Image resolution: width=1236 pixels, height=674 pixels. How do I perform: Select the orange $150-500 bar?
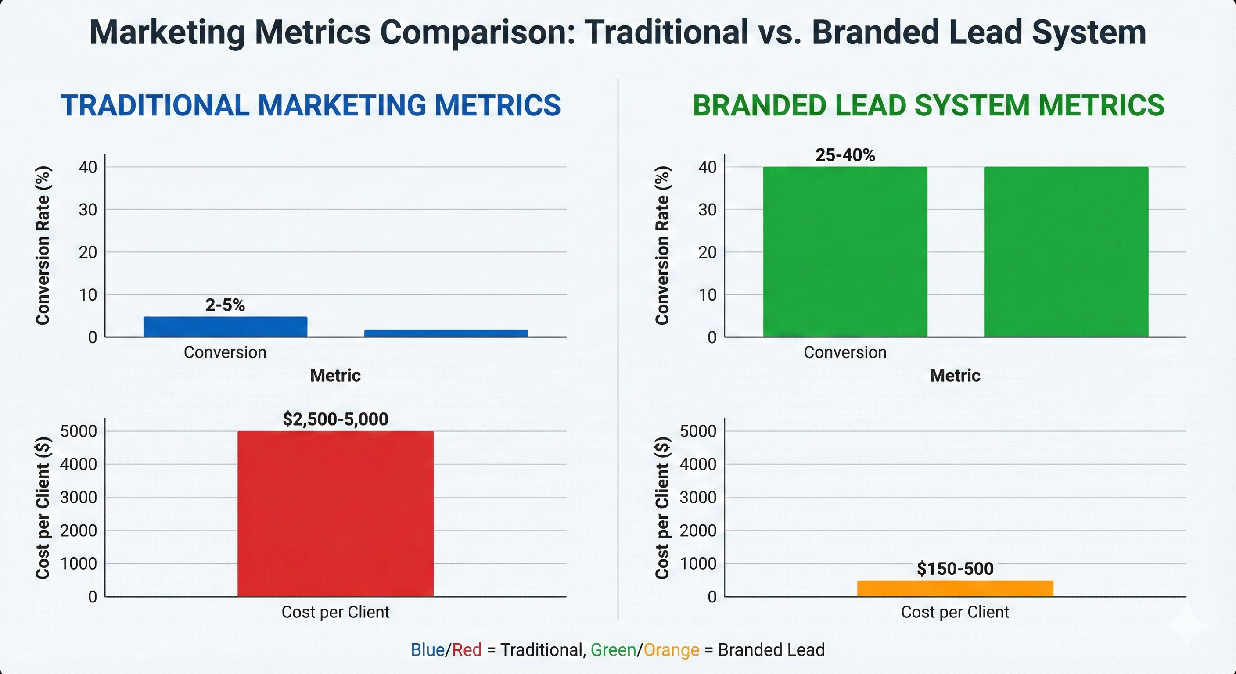(955, 588)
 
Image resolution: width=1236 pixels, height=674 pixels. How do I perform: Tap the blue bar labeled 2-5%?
(225, 326)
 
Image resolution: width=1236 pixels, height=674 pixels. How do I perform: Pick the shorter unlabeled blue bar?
(446, 333)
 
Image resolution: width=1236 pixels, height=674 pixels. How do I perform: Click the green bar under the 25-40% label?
(845, 252)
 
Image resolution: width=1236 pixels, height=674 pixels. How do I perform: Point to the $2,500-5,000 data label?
(335, 419)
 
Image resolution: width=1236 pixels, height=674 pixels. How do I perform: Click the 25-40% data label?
(845, 155)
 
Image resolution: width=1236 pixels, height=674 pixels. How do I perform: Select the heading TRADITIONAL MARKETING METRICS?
(310, 106)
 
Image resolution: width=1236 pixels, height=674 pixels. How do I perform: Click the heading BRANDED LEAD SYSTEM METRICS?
(928, 106)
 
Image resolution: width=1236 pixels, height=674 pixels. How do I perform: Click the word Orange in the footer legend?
(671, 649)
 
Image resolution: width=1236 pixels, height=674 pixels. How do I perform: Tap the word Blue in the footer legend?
(427, 649)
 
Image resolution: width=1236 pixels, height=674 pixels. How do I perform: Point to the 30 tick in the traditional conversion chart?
(88, 210)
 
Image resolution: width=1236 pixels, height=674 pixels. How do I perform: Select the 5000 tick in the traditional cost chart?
(78, 431)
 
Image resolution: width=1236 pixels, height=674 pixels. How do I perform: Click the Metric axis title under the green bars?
(955, 375)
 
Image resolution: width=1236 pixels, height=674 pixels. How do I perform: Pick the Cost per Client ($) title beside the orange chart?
(662, 508)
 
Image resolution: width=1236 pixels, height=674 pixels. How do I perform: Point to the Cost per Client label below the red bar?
(335, 612)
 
